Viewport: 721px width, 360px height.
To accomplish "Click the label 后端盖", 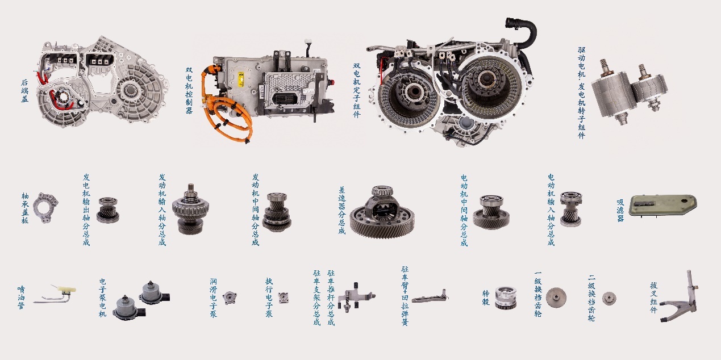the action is tap(25, 91).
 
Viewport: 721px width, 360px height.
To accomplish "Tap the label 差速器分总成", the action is tap(342, 211).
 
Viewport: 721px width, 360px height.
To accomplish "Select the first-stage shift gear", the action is tap(556, 298).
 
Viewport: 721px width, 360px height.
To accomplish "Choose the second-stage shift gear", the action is tap(609, 299).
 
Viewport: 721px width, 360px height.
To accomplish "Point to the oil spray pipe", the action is tap(55, 294).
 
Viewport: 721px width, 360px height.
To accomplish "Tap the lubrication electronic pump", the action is tap(230, 298).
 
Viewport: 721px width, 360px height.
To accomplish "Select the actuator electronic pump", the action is tap(284, 298).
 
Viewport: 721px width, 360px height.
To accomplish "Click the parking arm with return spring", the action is tap(430, 296).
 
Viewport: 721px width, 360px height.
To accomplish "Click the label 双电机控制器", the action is tap(189, 90).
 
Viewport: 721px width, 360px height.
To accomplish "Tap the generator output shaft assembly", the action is tap(108, 210).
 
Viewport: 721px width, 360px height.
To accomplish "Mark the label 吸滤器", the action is tap(620, 211).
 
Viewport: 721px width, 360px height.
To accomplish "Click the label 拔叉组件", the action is tap(654, 298).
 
